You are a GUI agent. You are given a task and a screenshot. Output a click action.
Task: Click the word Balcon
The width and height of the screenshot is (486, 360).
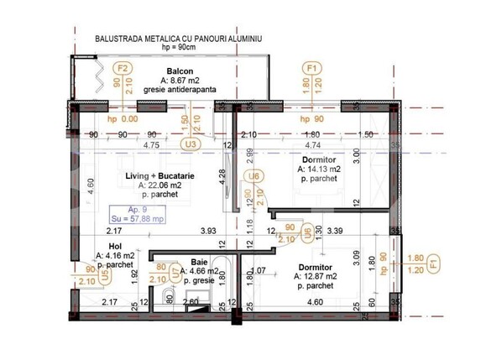pos(180,70)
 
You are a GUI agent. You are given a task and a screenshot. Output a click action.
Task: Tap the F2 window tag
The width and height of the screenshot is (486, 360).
pos(123,69)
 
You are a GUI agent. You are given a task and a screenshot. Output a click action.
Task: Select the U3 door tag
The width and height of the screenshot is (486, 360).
pos(191,143)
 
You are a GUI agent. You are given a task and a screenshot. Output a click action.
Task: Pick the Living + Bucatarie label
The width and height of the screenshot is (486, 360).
pos(159,175)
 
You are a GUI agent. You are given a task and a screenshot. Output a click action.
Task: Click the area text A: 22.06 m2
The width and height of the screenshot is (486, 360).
pos(159,185)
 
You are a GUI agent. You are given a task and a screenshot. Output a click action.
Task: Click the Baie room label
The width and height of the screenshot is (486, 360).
pos(200,261)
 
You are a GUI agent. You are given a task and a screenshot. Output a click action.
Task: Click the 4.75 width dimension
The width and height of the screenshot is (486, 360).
pos(151,144)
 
